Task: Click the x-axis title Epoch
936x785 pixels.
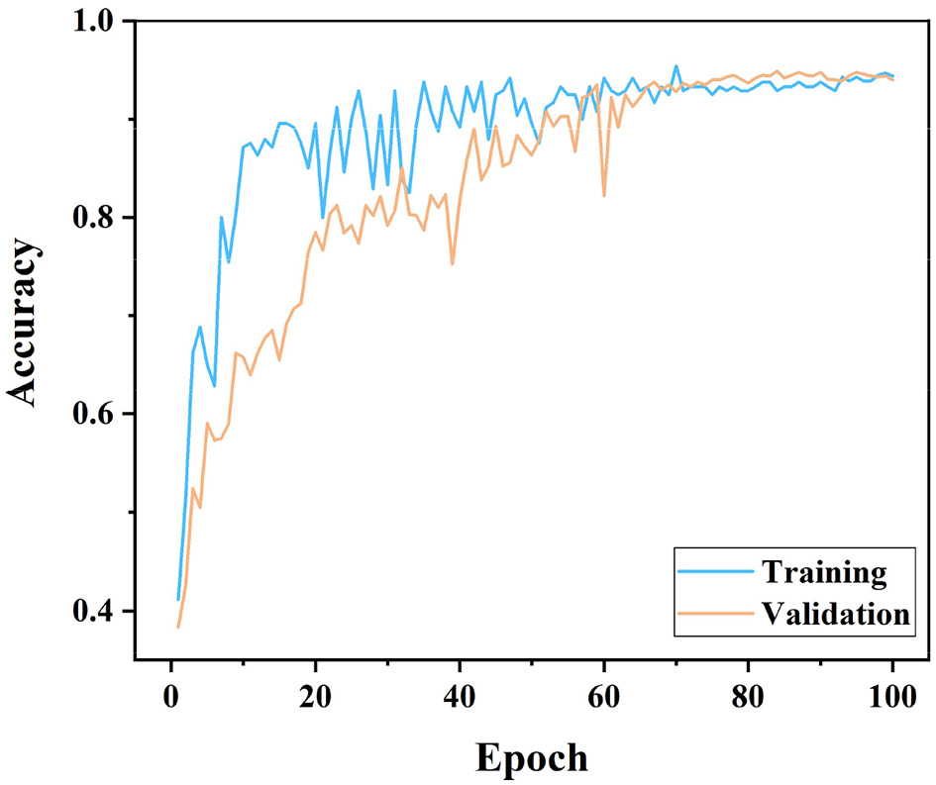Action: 531,757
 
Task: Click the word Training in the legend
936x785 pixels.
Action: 822,571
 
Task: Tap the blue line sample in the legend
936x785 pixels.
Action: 715,572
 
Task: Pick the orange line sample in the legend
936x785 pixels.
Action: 715,614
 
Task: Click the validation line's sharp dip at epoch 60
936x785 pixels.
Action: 604,195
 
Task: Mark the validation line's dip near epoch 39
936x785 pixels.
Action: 453,264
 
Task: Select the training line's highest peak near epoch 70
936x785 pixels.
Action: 676,66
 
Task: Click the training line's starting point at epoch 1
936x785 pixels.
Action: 178,599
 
